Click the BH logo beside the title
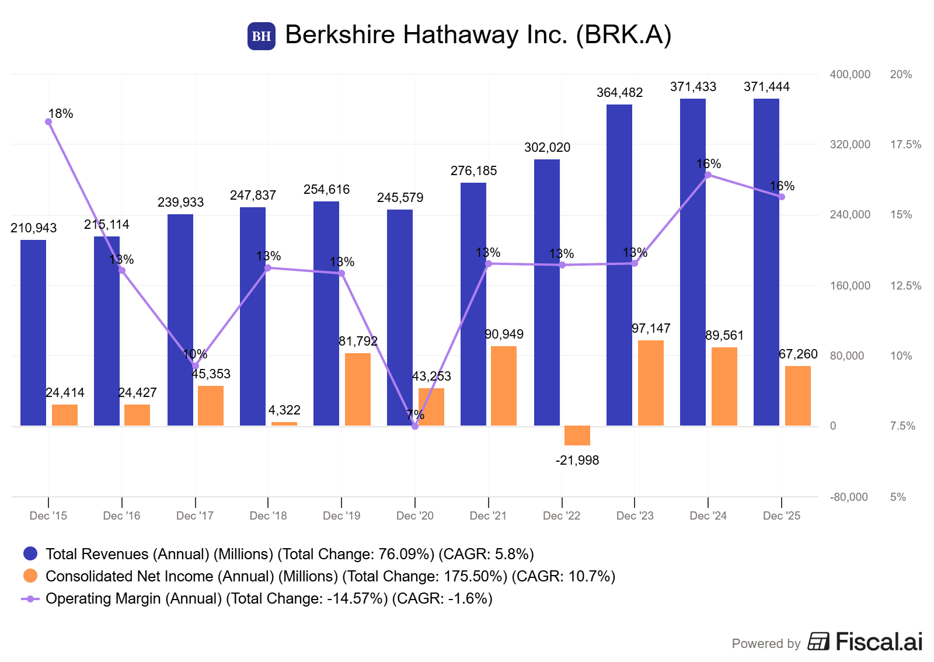point(261,36)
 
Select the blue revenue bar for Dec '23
point(619,265)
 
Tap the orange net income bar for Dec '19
point(357,389)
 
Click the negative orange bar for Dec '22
point(577,435)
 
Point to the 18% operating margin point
point(48,122)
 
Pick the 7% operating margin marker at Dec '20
point(415,426)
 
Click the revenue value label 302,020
point(547,148)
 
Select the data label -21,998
point(577,461)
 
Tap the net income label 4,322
point(284,410)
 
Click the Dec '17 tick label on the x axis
point(195,516)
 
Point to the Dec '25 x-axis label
point(782,516)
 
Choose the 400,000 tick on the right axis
point(850,75)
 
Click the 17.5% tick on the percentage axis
point(905,145)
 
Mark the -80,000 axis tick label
point(849,497)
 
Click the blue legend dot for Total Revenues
point(30,554)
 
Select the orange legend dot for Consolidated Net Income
point(30,576)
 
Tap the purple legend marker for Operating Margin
point(30,599)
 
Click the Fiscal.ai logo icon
point(818,642)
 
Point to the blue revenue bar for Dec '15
point(33,333)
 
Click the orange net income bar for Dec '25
point(797,396)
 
